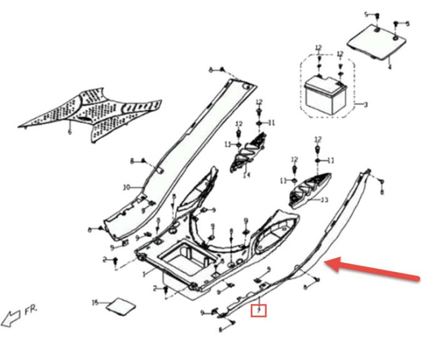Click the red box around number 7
pos(258,309)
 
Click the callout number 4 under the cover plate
pos(389,66)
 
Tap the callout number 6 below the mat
pos(69,131)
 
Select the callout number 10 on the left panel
pos(125,187)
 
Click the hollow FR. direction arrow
pos(12,318)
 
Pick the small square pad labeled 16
pos(120,306)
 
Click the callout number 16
pos(96,302)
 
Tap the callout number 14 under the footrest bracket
pos(247,176)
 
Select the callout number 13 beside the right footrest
pos(324,200)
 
